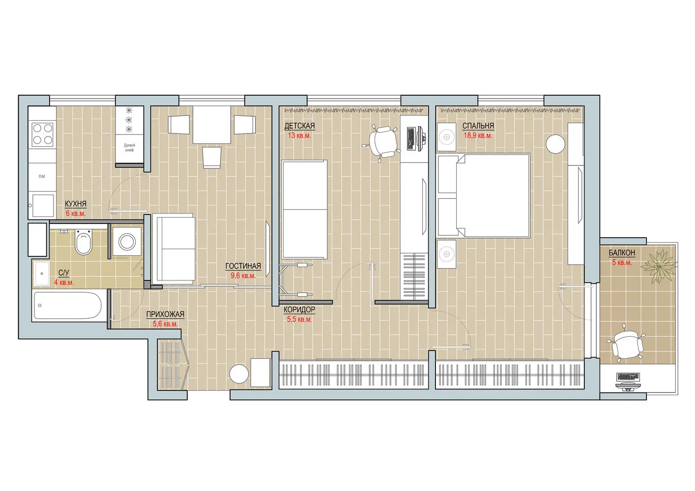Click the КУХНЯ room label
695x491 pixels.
click(x=75, y=204)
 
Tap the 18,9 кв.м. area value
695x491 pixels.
click(x=478, y=136)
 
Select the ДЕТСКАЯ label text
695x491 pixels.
click(x=299, y=126)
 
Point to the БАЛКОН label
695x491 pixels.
click(x=621, y=253)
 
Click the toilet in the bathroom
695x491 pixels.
click(x=85, y=242)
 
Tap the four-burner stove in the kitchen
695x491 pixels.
click(x=42, y=134)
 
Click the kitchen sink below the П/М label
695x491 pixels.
click(x=42, y=205)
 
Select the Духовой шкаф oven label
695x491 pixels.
click(x=129, y=147)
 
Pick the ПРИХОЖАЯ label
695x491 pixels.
click(x=165, y=314)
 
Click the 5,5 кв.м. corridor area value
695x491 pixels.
click(x=299, y=319)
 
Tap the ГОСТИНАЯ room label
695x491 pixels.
click(x=243, y=266)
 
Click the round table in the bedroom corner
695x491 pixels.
click(x=556, y=144)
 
